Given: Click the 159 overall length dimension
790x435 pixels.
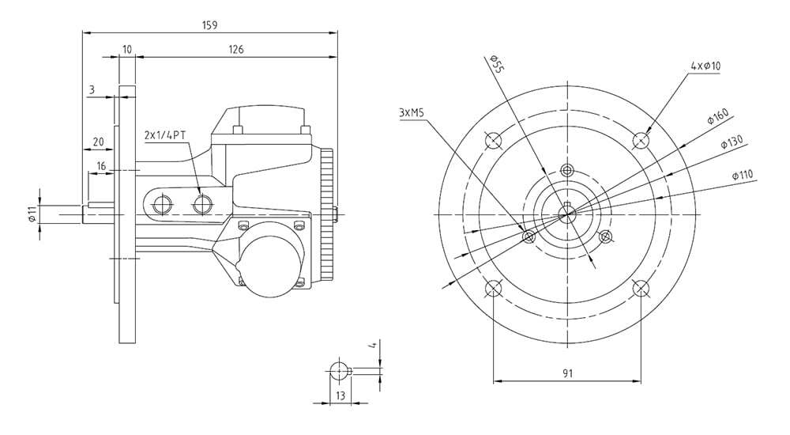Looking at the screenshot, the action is coord(209,25).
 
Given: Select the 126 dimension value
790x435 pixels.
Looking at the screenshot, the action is coord(235,49).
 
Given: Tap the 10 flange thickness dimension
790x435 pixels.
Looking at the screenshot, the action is coord(127,49).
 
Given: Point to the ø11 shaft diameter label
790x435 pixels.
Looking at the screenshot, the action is coord(32,215).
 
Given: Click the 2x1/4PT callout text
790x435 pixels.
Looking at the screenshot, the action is coord(165,135).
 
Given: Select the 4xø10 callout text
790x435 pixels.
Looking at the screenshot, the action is coord(705,66).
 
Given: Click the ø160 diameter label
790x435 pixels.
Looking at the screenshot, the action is coord(718,116).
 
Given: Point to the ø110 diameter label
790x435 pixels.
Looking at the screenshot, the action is coord(743,175).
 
